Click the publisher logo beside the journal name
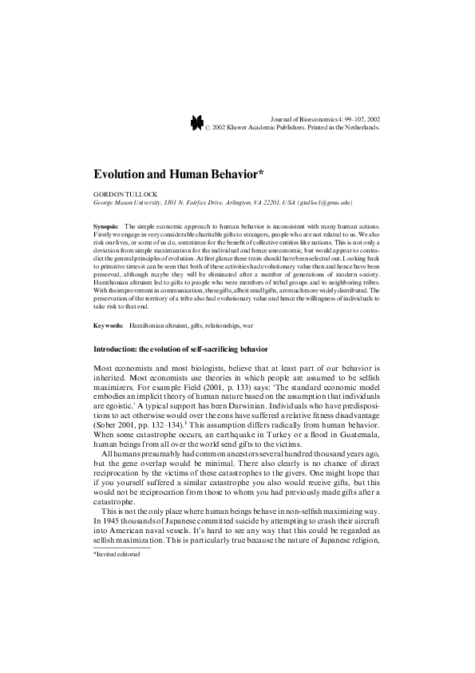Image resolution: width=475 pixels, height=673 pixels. pyautogui.click(x=197, y=121)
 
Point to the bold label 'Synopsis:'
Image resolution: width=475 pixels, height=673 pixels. pyautogui.click(x=106, y=227)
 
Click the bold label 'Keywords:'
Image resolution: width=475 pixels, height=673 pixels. pyautogui.click(x=109, y=326)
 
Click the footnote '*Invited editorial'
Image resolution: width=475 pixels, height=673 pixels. pyautogui.click(x=117, y=553)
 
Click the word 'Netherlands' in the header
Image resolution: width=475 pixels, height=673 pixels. pyautogui.click(x=358, y=126)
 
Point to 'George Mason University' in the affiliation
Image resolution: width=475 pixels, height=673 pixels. pyautogui.click(x=127, y=203)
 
